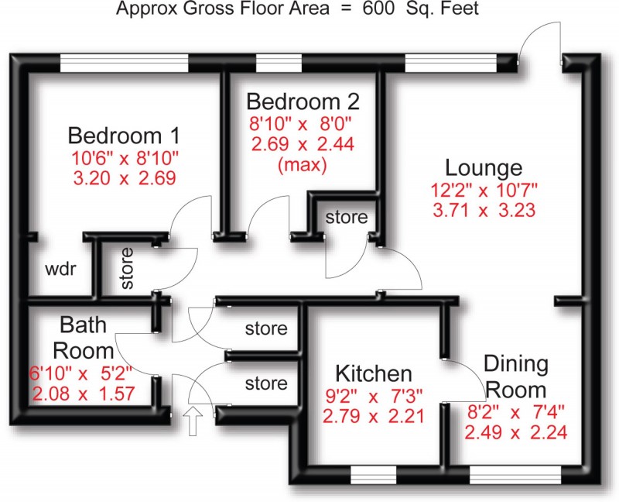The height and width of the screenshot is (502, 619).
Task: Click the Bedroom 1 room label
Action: point(124,136)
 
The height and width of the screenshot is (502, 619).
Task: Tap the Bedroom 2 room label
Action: point(303,101)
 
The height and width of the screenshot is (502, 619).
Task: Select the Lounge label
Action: point(484,167)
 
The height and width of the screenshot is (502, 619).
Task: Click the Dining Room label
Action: point(516,376)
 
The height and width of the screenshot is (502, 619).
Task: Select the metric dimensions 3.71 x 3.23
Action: point(484,209)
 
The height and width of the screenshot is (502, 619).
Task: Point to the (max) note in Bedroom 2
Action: point(303,164)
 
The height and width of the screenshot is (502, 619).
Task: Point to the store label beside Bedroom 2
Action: point(346,218)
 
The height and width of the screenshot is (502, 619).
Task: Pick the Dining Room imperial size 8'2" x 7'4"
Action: point(515,412)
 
